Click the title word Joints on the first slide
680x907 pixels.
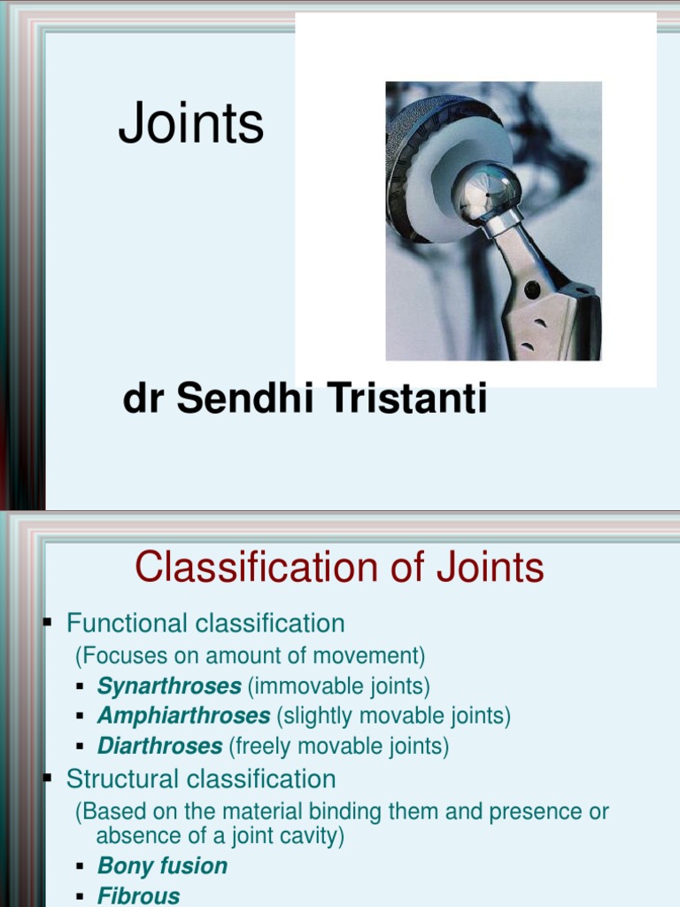coord(191,124)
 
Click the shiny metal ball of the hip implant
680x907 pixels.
coord(485,190)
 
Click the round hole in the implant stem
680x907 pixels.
coord(531,289)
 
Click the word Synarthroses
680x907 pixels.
coord(169,686)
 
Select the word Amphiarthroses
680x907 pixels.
coord(183,716)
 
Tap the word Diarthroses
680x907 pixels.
coord(159,746)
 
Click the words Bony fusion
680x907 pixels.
coord(162,866)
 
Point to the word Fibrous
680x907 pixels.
coord(138,895)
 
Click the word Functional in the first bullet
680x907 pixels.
coord(127,624)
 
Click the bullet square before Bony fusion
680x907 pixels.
coord(80,866)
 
